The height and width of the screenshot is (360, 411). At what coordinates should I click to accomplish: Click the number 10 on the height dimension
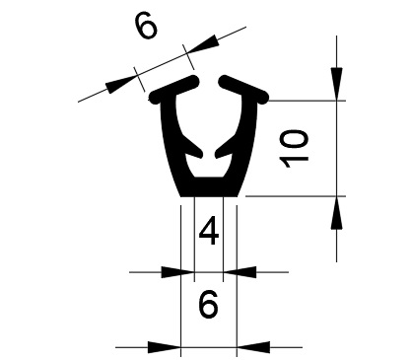pyautogui.click(x=294, y=148)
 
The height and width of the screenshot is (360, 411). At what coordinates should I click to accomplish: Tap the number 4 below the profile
pyautogui.click(x=209, y=232)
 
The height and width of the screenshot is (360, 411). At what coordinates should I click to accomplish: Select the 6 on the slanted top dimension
pyautogui.click(x=146, y=27)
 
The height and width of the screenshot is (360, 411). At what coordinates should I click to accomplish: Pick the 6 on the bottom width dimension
pyautogui.click(x=208, y=304)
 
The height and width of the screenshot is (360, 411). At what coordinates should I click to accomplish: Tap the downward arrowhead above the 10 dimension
pyautogui.click(x=336, y=84)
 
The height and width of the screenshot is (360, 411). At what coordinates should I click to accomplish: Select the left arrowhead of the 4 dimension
pyautogui.click(x=177, y=272)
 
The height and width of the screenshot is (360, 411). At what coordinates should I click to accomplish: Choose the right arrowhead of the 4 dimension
pyautogui.click(x=240, y=272)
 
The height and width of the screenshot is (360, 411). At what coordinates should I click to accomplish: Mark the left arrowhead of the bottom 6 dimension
pyautogui.click(x=165, y=347)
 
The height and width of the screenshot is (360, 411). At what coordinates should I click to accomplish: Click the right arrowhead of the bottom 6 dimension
pyautogui.click(x=253, y=347)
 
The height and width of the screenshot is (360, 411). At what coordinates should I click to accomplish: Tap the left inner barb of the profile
pyautogui.click(x=193, y=148)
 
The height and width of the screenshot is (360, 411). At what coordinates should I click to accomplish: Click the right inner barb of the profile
pyautogui.click(x=225, y=148)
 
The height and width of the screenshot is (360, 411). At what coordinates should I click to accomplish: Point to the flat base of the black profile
pyautogui.click(x=209, y=188)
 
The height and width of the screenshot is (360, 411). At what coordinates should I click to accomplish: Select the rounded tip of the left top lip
pyautogui.click(x=194, y=81)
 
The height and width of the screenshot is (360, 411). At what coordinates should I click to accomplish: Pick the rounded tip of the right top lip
pyautogui.click(x=225, y=81)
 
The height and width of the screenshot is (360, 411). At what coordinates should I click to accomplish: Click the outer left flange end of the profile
pyautogui.click(x=155, y=98)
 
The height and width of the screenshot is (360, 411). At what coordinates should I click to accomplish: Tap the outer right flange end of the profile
pyautogui.click(x=263, y=98)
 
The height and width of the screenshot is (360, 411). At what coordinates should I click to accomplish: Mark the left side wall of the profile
pyautogui.click(x=171, y=145)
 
